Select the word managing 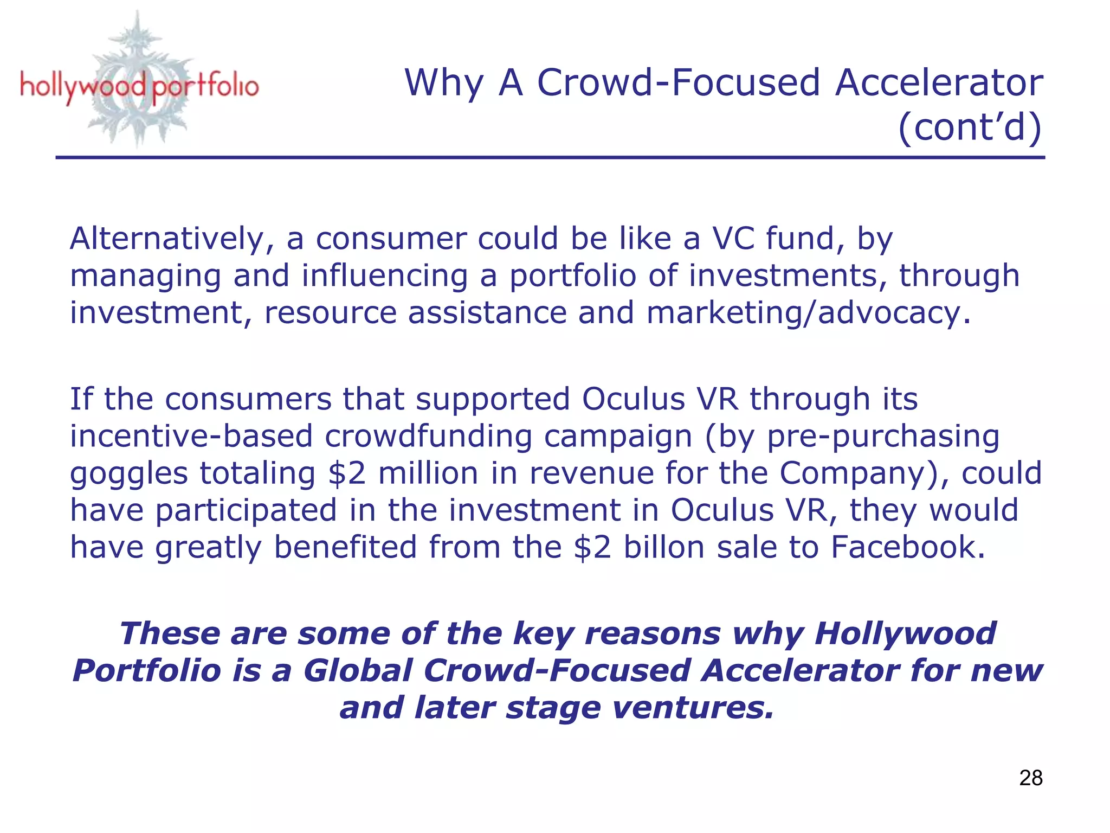tap(145, 276)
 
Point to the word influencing tap(384, 276)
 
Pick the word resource tap(330, 313)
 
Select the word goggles tap(128, 473)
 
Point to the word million tap(428, 473)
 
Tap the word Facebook tap(907, 547)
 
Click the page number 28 tap(1030, 778)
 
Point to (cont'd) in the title tap(969, 127)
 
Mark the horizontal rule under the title tap(550, 158)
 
